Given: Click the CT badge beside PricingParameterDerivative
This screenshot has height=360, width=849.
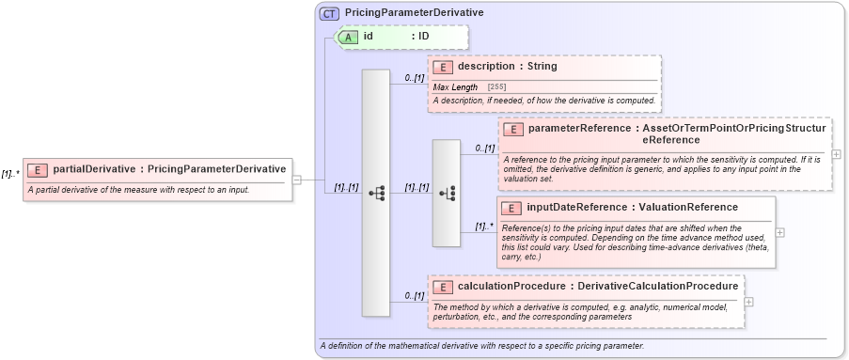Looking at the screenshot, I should click(x=329, y=13).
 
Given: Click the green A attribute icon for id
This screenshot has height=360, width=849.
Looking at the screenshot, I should click(x=348, y=37).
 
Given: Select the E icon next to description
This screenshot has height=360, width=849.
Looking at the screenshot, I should click(x=443, y=67).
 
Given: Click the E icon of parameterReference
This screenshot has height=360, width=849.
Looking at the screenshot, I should click(x=513, y=128).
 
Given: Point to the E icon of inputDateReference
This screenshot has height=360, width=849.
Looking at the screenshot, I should click(x=513, y=207).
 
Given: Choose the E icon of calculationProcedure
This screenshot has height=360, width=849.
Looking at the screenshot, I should click(x=443, y=285).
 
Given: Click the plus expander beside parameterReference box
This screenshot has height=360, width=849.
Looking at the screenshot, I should click(x=837, y=154).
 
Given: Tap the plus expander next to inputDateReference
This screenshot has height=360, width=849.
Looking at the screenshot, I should click(x=779, y=231).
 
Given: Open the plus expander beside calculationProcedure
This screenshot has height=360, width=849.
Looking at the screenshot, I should click(x=748, y=302).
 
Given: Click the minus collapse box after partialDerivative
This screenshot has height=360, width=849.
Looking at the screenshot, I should click(x=297, y=180).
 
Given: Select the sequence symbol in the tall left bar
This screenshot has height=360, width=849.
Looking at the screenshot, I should click(x=376, y=193).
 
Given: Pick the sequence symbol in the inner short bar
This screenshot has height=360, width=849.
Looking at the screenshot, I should click(x=447, y=193).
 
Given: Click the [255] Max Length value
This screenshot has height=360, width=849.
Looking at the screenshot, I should click(x=496, y=87).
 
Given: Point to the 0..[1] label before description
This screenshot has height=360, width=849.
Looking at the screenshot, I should click(x=415, y=78).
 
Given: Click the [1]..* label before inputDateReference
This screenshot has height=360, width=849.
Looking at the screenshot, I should click(x=483, y=227).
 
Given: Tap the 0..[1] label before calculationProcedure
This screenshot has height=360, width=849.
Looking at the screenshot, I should click(x=415, y=296).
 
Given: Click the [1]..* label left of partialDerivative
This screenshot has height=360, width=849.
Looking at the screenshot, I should click(x=11, y=174).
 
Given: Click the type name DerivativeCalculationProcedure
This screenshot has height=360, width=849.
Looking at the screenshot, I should click(x=658, y=285).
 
